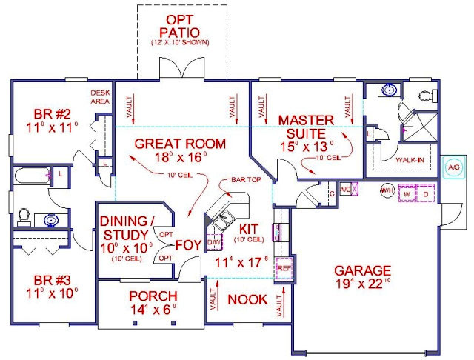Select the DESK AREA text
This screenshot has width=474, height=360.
click(x=100, y=96)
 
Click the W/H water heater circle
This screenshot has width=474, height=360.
click(x=387, y=191)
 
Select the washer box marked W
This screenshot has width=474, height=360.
click(x=407, y=193)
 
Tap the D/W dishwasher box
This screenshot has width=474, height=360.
click(x=214, y=242)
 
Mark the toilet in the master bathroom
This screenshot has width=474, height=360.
click(x=424, y=95)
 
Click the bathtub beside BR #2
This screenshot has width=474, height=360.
click(x=31, y=176)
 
